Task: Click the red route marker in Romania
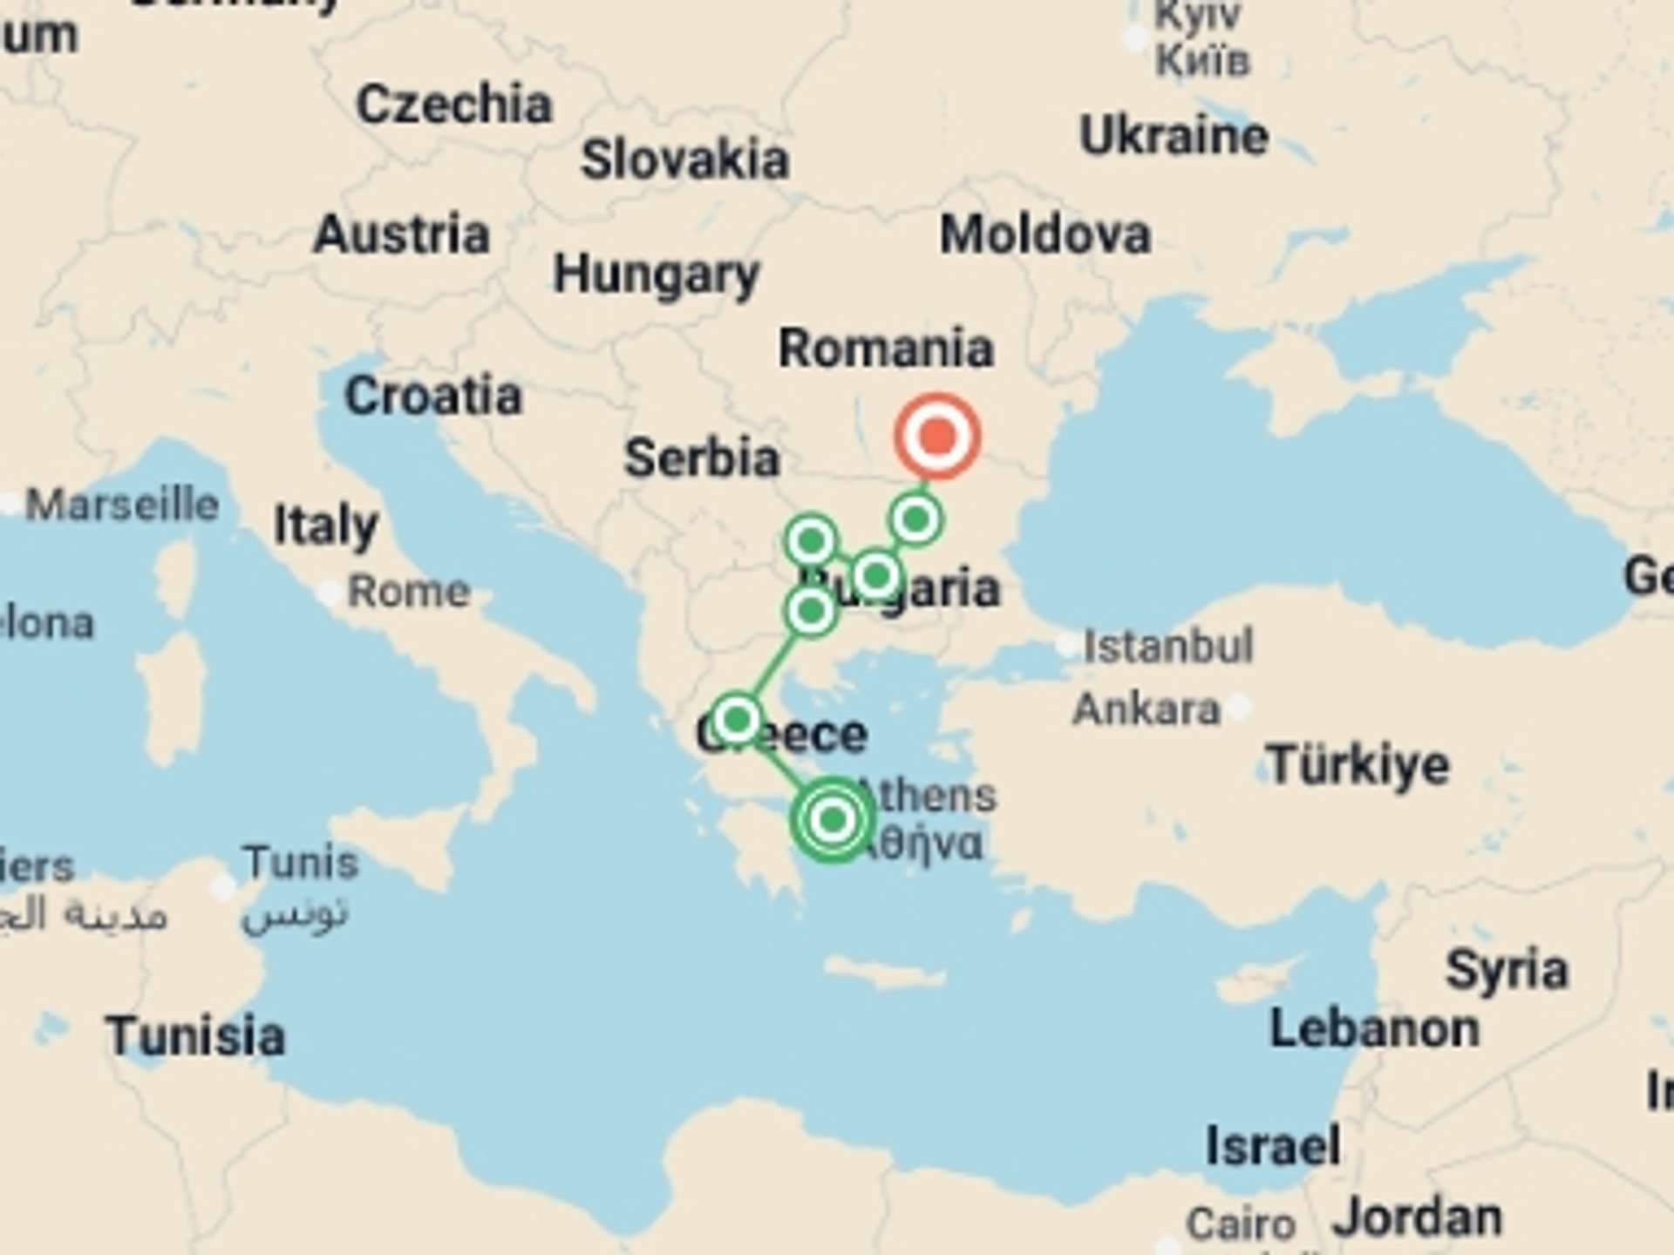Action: click(937, 436)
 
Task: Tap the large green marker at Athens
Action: click(833, 819)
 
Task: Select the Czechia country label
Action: click(454, 105)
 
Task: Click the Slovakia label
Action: click(684, 160)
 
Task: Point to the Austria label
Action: click(402, 234)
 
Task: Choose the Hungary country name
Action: click(657, 275)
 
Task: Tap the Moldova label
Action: click(1045, 234)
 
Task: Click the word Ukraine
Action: click(1174, 136)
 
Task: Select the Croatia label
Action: click(433, 396)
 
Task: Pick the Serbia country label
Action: click(702, 458)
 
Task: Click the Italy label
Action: click(325, 525)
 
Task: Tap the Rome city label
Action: click(408, 592)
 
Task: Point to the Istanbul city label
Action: click(1167, 646)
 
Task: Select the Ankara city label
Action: click(1146, 709)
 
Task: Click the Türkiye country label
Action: click(1358, 765)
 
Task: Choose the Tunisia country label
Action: click(195, 1036)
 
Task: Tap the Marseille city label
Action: click(122, 505)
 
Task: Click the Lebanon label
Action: click(1374, 1029)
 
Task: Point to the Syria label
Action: click(1506, 969)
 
